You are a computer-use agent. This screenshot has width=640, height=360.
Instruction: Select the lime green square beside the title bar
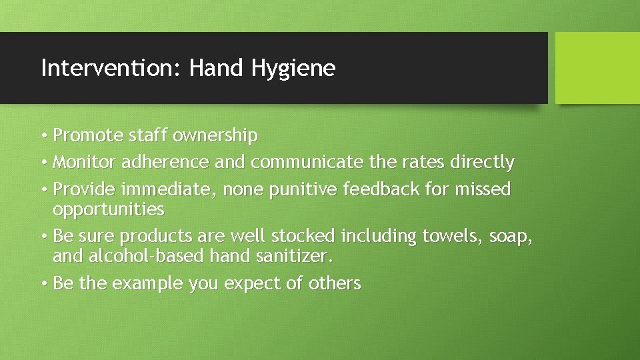pos(597,68)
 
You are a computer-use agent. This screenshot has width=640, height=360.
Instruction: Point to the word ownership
pos(215,137)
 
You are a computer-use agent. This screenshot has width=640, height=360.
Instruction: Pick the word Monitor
pos(85,162)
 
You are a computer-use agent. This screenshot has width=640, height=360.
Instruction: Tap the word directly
pos(482,163)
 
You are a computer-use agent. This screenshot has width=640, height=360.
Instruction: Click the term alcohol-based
pos(146,256)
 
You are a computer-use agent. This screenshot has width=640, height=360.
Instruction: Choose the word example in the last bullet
pos(147,284)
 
